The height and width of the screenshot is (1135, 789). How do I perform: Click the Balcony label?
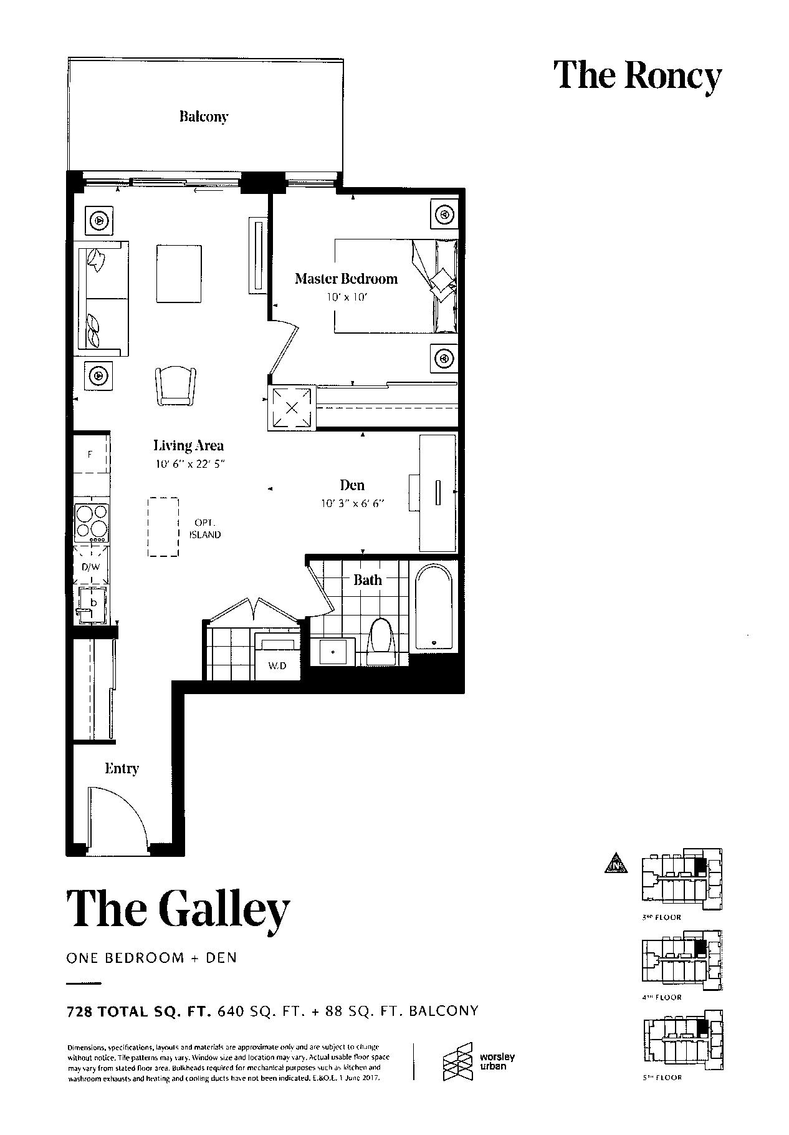[x=203, y=117]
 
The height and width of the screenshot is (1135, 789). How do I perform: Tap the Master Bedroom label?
[x=346, y=279]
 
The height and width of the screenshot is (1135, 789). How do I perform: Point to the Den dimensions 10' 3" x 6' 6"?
[x=351, y=503]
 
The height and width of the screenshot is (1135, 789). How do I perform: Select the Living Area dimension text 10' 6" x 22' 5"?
[x=189, y=463]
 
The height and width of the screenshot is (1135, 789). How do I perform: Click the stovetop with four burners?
[x=92, y=523]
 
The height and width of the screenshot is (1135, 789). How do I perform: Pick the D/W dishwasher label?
[x=90, y=567]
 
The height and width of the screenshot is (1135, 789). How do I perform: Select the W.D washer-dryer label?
[x=277, y=665]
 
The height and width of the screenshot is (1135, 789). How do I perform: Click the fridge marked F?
[x=90, y=455]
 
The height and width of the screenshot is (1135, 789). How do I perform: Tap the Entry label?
[x=122, y=768]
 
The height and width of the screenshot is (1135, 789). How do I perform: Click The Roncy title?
[x=638, y=75]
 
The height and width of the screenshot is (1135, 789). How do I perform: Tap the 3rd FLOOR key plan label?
[x=661, y=917]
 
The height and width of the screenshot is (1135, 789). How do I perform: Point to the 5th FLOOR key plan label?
[x=661, y=1077]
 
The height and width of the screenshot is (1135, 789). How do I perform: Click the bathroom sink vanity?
[x=334, y=652]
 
